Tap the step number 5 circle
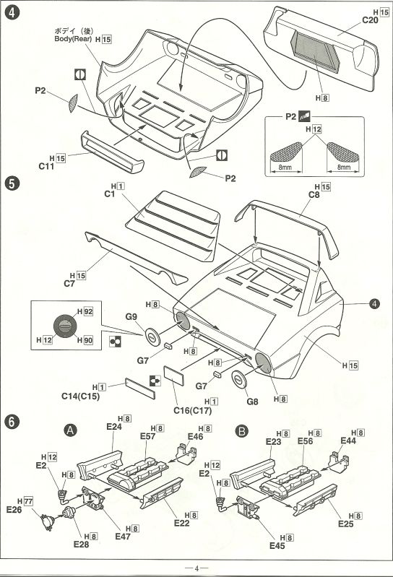[x=12, y=183]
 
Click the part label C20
[x=370, y=21]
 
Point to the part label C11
[x=46, y=166]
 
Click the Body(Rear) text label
[x=73, y=39]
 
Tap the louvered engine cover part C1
[x=173, y=225]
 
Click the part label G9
[x=131, y=316]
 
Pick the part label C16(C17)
[x=192, y=410]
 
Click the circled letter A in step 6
[x=70, y=430]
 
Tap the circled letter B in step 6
[x=241, y=431]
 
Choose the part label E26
[x=14, y=510]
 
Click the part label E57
[x=147, y=436]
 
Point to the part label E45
[x=277, y=546]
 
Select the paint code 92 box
[x=88, y=311]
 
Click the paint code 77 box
[x=28, y=501]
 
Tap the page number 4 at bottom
[x=196, y=568]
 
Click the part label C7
[x=69, y=284]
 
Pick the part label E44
[x=348, y=441]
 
